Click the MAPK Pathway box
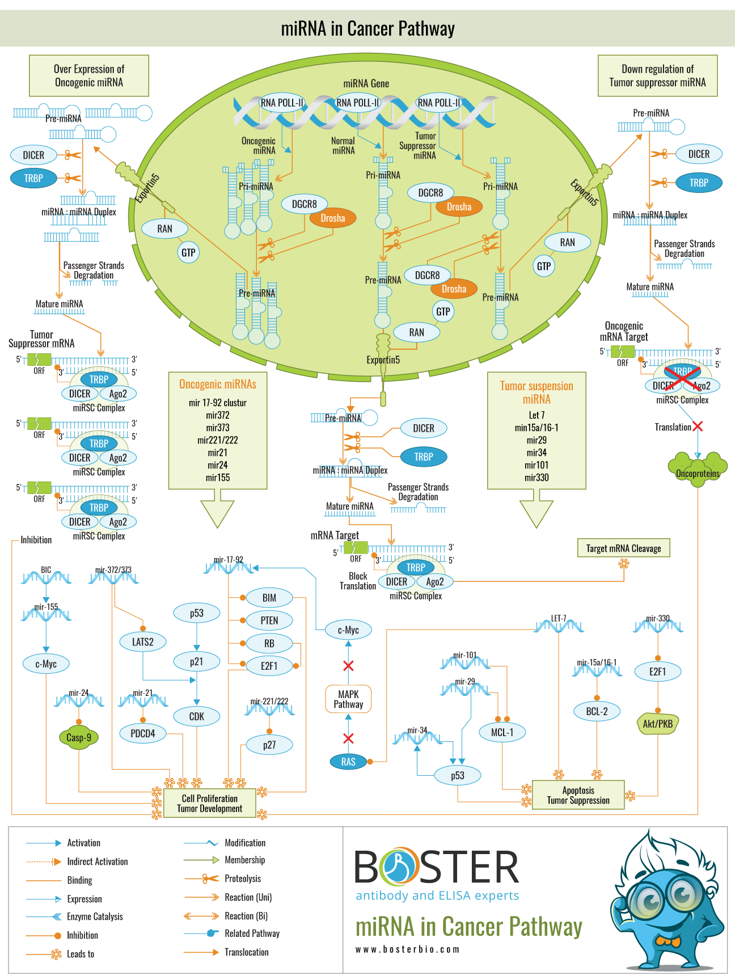348,699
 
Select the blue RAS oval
348,762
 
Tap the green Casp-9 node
78,737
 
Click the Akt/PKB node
658,724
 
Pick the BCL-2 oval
597,711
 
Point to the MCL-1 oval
502,732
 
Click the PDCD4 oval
142,733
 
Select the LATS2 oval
142,642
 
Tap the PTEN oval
269,620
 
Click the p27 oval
269,745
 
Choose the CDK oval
197,716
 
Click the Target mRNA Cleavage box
623,548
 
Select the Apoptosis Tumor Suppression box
578,795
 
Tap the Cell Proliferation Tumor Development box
209,803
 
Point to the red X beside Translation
698,426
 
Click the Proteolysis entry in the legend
243,878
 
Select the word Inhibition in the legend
83,935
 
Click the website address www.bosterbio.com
407,949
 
